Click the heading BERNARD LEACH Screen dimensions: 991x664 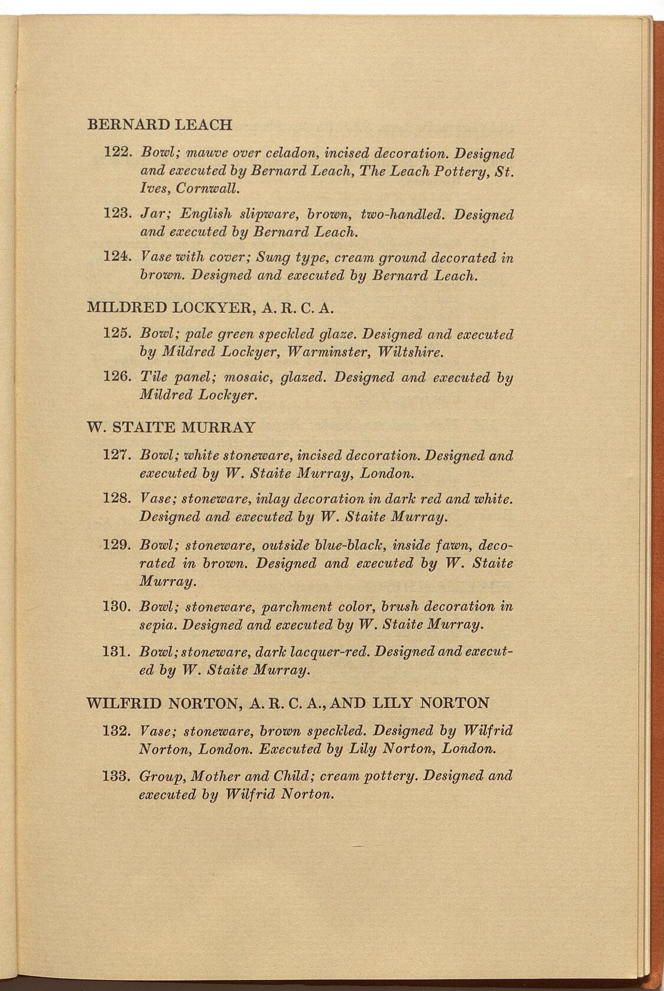[159, 125]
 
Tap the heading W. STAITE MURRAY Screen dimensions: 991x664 [171, 427]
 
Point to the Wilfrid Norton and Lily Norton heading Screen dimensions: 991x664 [288, 703]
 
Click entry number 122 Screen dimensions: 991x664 [116, 153]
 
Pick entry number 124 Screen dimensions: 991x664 [116, 258]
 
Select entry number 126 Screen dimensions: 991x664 [116, 377]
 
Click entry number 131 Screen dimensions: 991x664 [116, 652]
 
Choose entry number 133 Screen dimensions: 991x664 [116, 776]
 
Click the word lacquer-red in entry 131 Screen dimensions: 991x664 [325, 652]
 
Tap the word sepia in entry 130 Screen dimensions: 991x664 [157, 624]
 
